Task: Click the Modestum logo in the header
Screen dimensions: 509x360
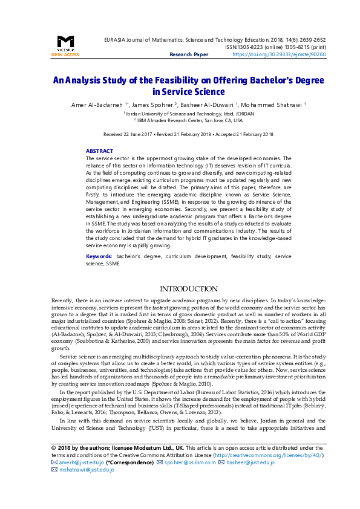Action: [x=65, y=42]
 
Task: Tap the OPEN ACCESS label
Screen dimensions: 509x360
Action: [x=65, y=54]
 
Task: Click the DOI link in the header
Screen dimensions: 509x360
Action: [x=279, y=54]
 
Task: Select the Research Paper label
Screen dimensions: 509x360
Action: [x=189, y=54]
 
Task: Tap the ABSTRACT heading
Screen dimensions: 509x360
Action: [x=99, y=151]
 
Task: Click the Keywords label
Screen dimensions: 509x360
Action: [x=99, y=257]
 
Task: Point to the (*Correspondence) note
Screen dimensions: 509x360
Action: [x=129, y=479]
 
